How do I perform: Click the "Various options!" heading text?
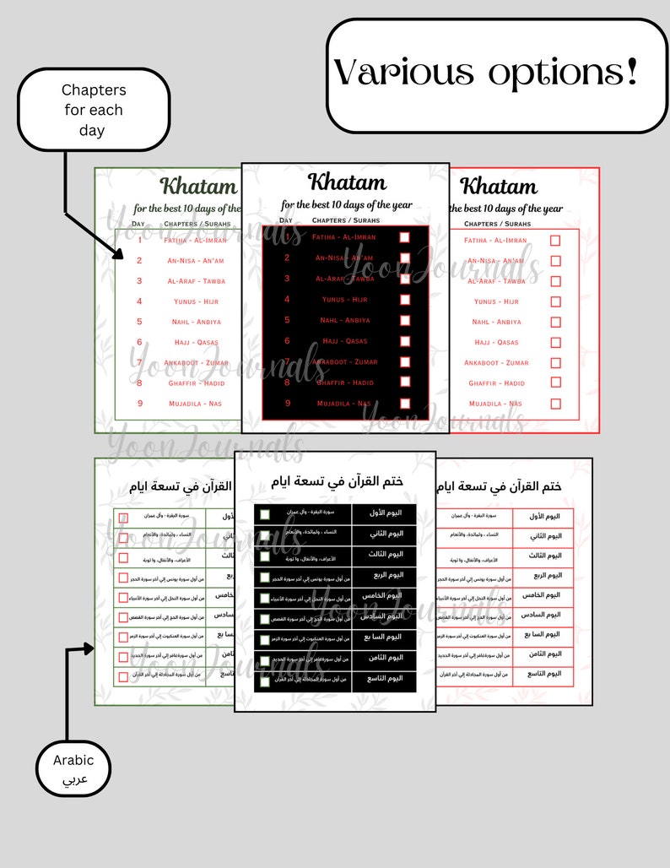(x=485, y=73)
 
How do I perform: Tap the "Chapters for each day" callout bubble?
(x=93, y=110)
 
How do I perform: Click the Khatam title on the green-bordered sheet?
(x=199, y=186)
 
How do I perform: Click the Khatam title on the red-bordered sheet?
(x=499, y=186)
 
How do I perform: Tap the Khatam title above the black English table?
(x=347, y=182)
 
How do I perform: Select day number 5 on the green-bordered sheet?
(x=139, y=322)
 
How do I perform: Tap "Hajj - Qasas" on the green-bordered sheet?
(x=196, y=342)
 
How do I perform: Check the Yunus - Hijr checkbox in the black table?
(x=405, y=300)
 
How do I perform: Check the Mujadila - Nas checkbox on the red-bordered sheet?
(x=555, y=404)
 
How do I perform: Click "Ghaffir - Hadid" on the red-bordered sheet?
(x=496, y=383)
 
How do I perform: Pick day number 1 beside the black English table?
(x=287, y=237)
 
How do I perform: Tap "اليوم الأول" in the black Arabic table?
(x=383, y=513)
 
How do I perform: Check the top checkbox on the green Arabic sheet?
(x=123, y=518)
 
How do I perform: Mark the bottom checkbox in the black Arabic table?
(x=265, y=679)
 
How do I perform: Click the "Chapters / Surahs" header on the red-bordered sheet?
(x=498, y=224)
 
